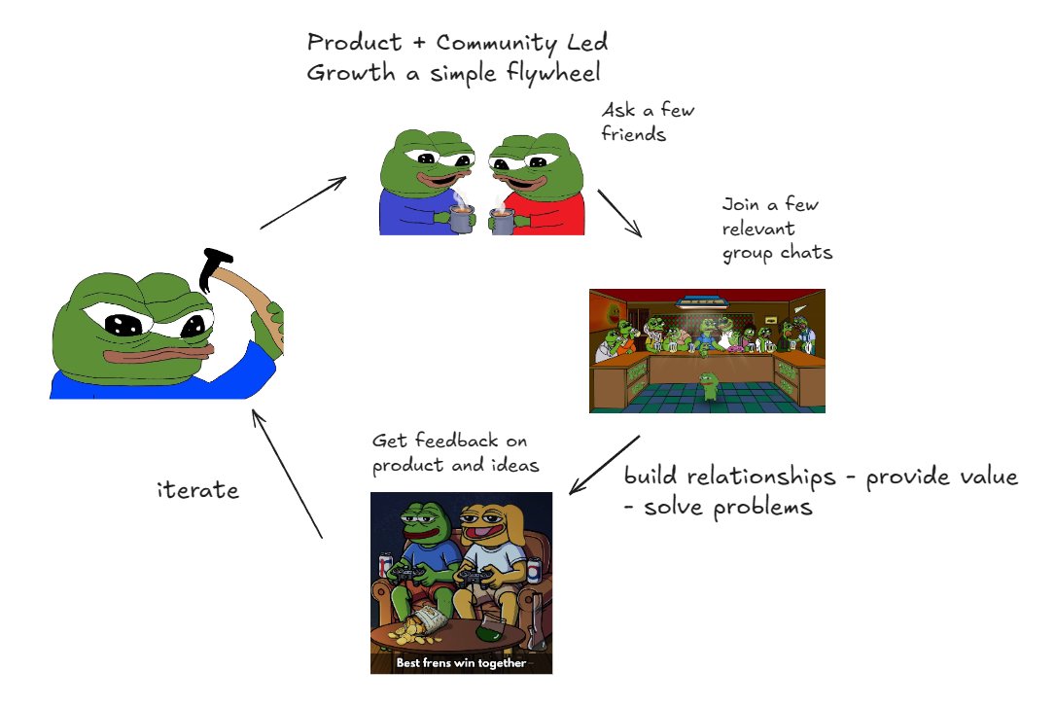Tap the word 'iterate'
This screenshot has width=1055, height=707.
(x=197, y=489)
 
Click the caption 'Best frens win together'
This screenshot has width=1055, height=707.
(x=461, y=663)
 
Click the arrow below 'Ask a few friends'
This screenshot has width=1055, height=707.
(x=619, y=213)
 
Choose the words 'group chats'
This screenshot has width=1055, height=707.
(x=777, y=254)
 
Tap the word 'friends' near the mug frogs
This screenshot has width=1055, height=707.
(x=633, y=134)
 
